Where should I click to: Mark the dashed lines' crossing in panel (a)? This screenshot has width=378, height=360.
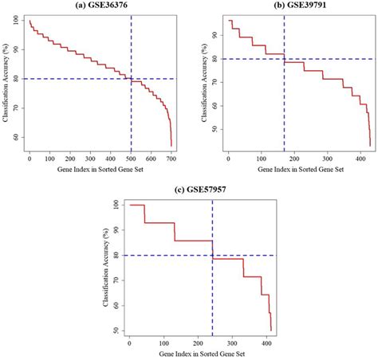click(131, 78)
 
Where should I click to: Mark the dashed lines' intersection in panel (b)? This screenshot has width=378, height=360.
click(285, 59)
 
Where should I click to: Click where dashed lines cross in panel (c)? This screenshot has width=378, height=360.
click(212, 256)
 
